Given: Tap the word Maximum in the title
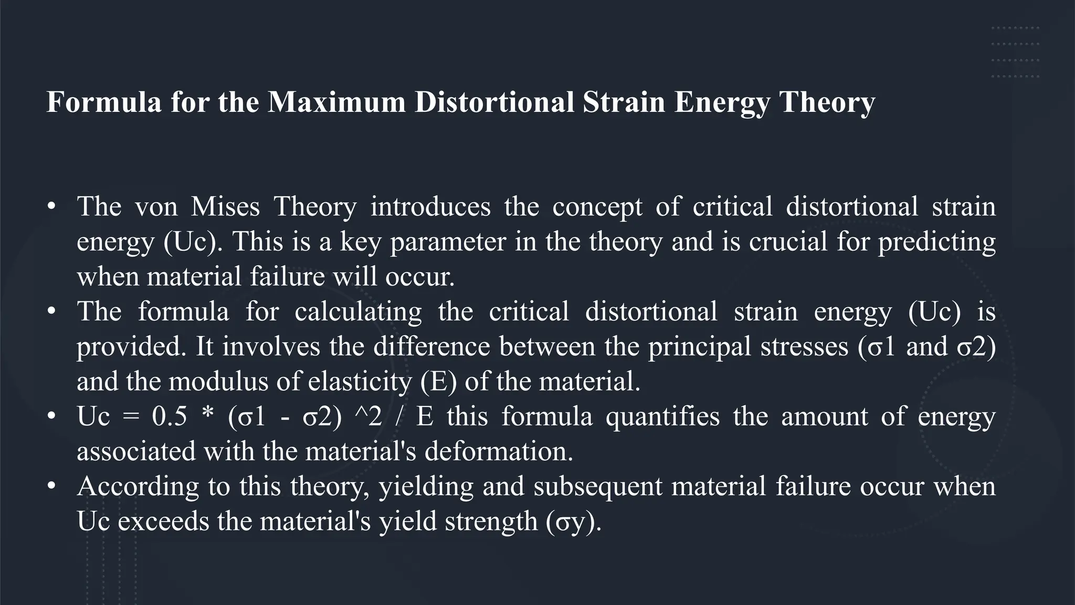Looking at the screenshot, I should pyautogui.click(x=336, y=102).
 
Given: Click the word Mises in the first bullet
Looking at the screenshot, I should pyautogui.click(x=225, y=206).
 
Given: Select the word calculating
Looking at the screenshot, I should pyautogui.click(x=358, y=312).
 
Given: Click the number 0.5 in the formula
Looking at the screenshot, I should pyautogui.click(x=169, y=416).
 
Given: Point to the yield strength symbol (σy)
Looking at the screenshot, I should pyautogui.click(x=573, y=521).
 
